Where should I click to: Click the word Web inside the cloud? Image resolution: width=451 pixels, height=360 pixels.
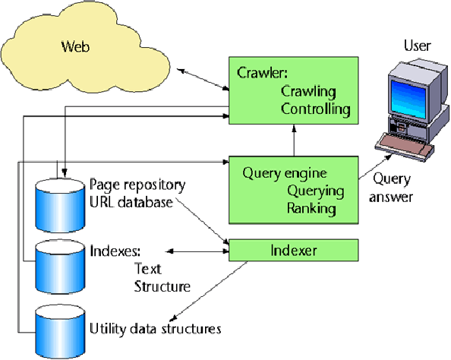pyautogui.click(x=75, y=47)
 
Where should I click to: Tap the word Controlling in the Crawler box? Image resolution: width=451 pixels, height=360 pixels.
pyautogui.click(x=316, y=109)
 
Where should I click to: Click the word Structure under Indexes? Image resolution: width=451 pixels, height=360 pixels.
pyautogui.click(x=162, y=286)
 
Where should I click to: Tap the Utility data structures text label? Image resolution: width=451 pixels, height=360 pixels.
pyautogui.click(x=155, y=329)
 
